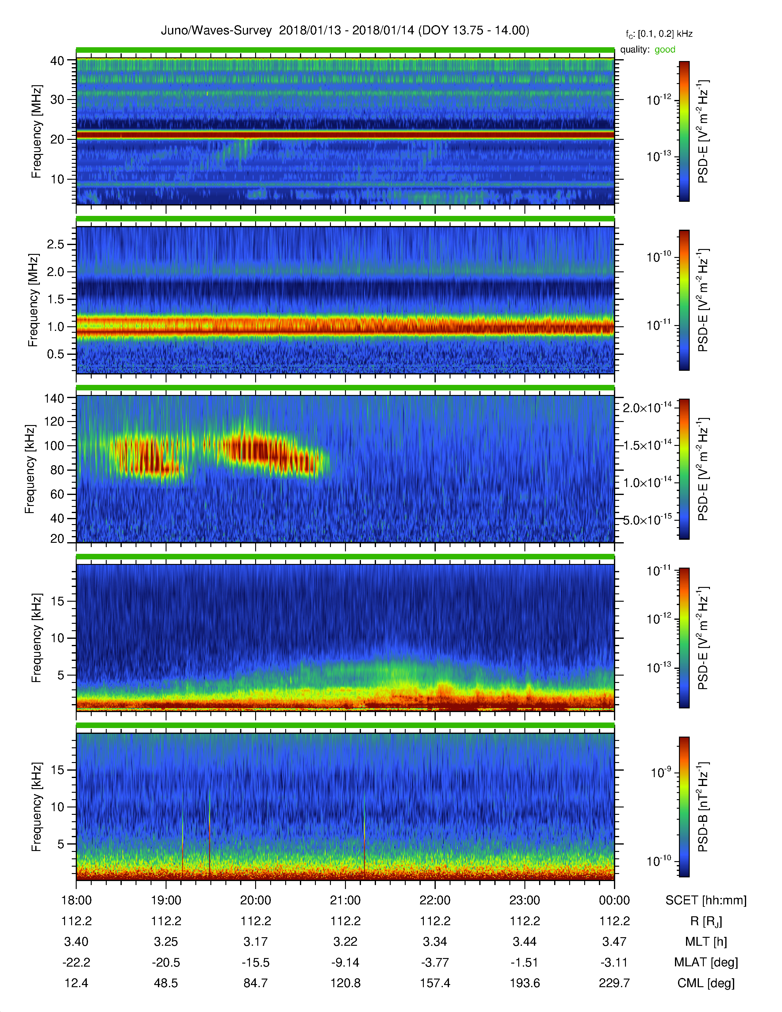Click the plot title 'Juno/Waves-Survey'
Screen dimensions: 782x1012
point(216,31)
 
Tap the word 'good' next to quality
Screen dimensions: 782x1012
point(665,50)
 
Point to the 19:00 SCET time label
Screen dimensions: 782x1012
point(166,900)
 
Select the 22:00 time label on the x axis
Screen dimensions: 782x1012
point(435,900)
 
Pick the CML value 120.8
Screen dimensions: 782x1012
point(345,983)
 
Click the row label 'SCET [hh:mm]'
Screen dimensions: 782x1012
point(706,900)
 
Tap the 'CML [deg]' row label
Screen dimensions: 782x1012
point(706,983)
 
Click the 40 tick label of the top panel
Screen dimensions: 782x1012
point(57,61)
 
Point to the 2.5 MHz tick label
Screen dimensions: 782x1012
point(56,244)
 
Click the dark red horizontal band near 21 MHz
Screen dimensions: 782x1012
point(345,135)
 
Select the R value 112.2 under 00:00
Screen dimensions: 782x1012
point(614,921)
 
